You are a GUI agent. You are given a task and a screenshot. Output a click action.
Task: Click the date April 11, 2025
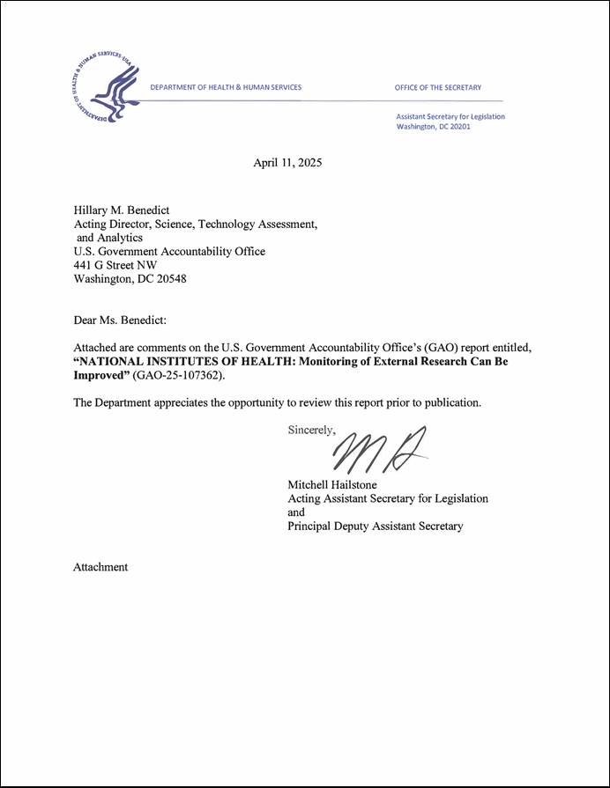(287, 163)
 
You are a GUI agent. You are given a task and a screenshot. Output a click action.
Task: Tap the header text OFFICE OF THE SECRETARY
(438, 87)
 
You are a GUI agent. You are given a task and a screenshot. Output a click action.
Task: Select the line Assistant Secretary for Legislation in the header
(450, 116)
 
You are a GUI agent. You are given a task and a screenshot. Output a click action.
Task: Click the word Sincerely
(311, 431)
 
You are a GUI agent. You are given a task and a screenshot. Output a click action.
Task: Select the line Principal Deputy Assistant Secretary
(376, 527)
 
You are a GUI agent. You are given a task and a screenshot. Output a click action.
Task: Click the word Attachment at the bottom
(100, 567)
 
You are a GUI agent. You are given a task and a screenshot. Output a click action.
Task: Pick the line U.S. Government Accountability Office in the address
(168, 252)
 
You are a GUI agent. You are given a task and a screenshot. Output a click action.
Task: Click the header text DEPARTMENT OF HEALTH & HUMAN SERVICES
(226, 87)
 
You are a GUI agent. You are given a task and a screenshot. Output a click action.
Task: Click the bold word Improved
(101, 375)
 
